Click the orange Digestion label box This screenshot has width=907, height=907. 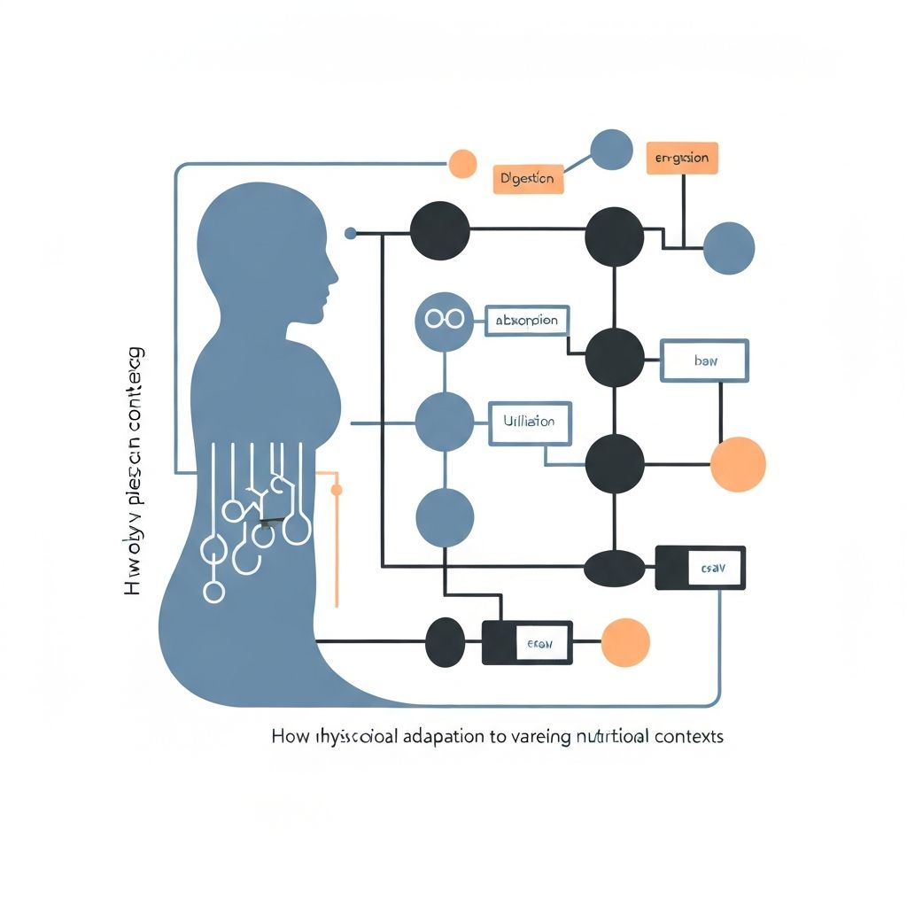[x=527, y=178]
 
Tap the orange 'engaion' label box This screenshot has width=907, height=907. [x=681, y=158]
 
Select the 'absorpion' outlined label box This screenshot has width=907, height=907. [x=527, y=321]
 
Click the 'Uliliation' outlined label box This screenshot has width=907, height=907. [x=530, y=422]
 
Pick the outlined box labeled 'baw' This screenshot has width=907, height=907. [x=705, y=360]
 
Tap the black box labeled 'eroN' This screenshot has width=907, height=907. [x=527, y=643]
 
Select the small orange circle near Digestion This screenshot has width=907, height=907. [x=462, y=163]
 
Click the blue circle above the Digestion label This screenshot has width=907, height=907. [x=611, y=150]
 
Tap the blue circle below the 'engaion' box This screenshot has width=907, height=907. [x=729, y=248]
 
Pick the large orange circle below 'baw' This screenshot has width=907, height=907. [x=738, y=464]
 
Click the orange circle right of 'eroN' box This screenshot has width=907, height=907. [x=625, y=642]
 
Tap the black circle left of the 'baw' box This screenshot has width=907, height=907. [x=615, y=357]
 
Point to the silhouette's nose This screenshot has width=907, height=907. [x=333, y=274]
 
